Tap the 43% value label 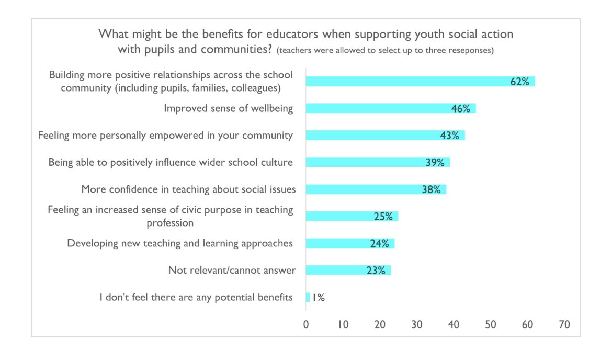pos(449,136)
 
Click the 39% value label pos(435,163)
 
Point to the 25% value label pos(383,217)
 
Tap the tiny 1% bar pos(308,297)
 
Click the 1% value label pos(318,298)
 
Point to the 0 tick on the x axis pos(306,324)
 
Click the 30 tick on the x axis pos(416,324)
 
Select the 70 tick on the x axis pos(564,324)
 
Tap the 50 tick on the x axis pos(490,324)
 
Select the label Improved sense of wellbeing pos(228,108)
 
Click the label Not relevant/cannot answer pos(232,271)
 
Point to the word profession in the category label pos(170,223)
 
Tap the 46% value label pos(460,109)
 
